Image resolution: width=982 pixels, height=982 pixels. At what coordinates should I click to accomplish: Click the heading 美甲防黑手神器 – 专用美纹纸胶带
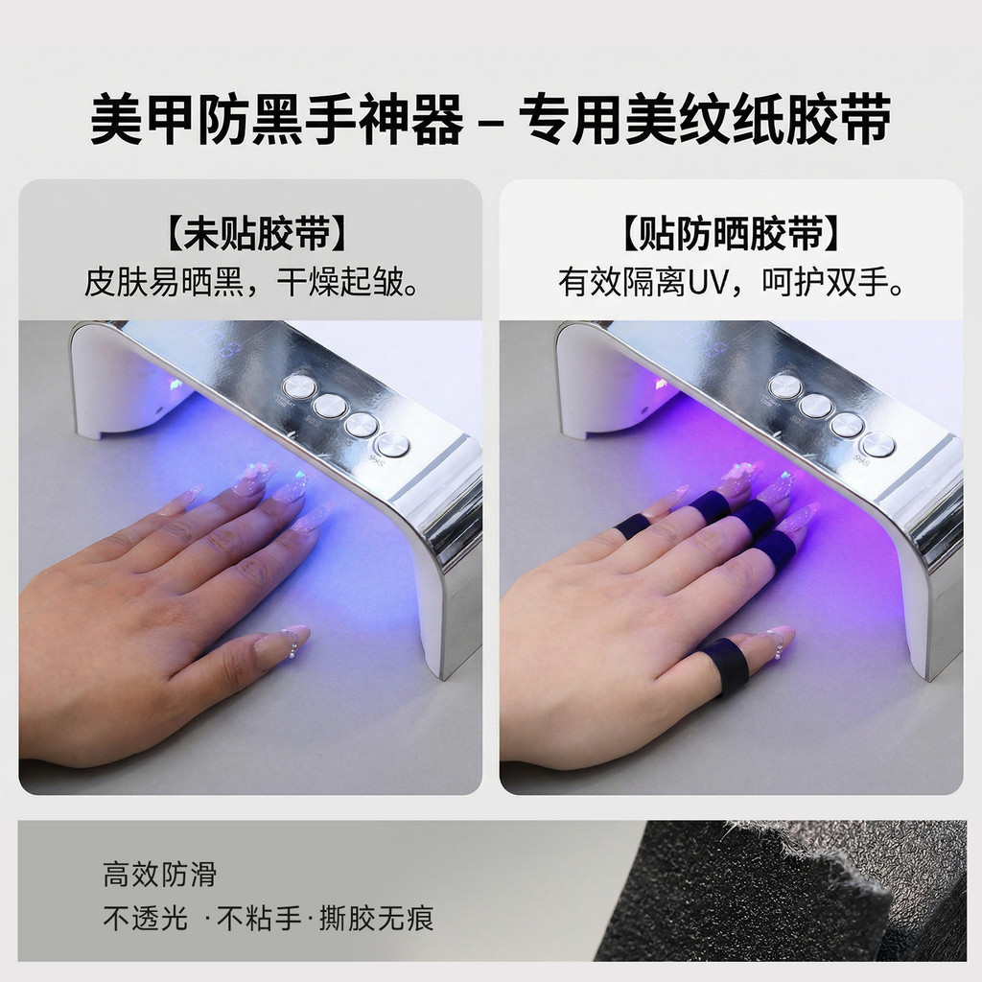pyautogui.click(x=490, y=119)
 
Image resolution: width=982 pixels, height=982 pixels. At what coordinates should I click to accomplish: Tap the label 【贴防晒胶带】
pyautogui.click(x=730, y=234)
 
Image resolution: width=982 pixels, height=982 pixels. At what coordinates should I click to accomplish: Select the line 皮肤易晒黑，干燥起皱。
pyautogui.click(x=251, y=282)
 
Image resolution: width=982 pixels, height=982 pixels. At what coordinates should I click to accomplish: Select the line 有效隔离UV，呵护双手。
pyautogui.click(x=731, y=282)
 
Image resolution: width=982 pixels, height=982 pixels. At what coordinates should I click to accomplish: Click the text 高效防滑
pyautogui.click(x=160, y=875)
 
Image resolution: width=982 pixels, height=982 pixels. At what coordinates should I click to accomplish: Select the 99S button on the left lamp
pyautogui.click(x=392, y=446)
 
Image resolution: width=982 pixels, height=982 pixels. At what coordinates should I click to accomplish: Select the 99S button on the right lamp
pyautogui.click(x=877, y=445)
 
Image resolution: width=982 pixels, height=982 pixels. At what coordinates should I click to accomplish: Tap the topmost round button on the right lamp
pyautogui.click(x=783, y=386)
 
